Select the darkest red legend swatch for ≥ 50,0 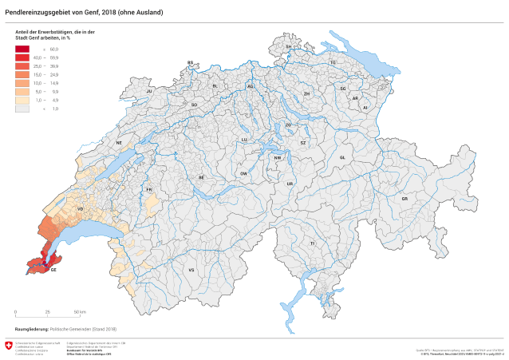tap(22, 49)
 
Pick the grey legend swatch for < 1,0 tap(22, 108)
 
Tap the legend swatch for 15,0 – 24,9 tap(22, 74)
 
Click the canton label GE tap(53, 270)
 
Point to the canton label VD tap(81, 208)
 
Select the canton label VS tap(191, 271)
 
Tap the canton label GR tap(404, 198)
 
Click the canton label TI tap(313, 243)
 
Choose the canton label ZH tap(306, 94)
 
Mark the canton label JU tap(149, 92)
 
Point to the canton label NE tap(119, 143)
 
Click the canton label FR tap(149, 190)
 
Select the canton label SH tap(289, 47)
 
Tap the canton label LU tap(245, 139)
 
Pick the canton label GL tap(342, 158)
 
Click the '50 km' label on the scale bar tap(81, 311)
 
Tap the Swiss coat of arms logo tap(9, 346)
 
